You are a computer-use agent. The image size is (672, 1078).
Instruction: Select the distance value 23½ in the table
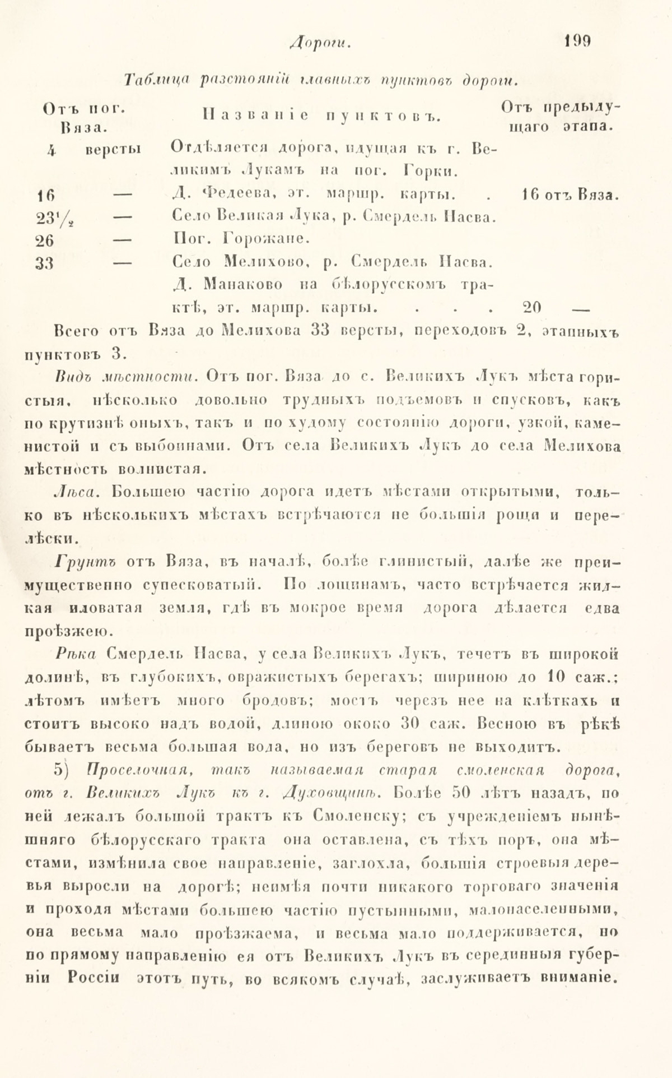click(49, 218)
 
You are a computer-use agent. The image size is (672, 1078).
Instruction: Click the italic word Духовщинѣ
click(330, 793)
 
